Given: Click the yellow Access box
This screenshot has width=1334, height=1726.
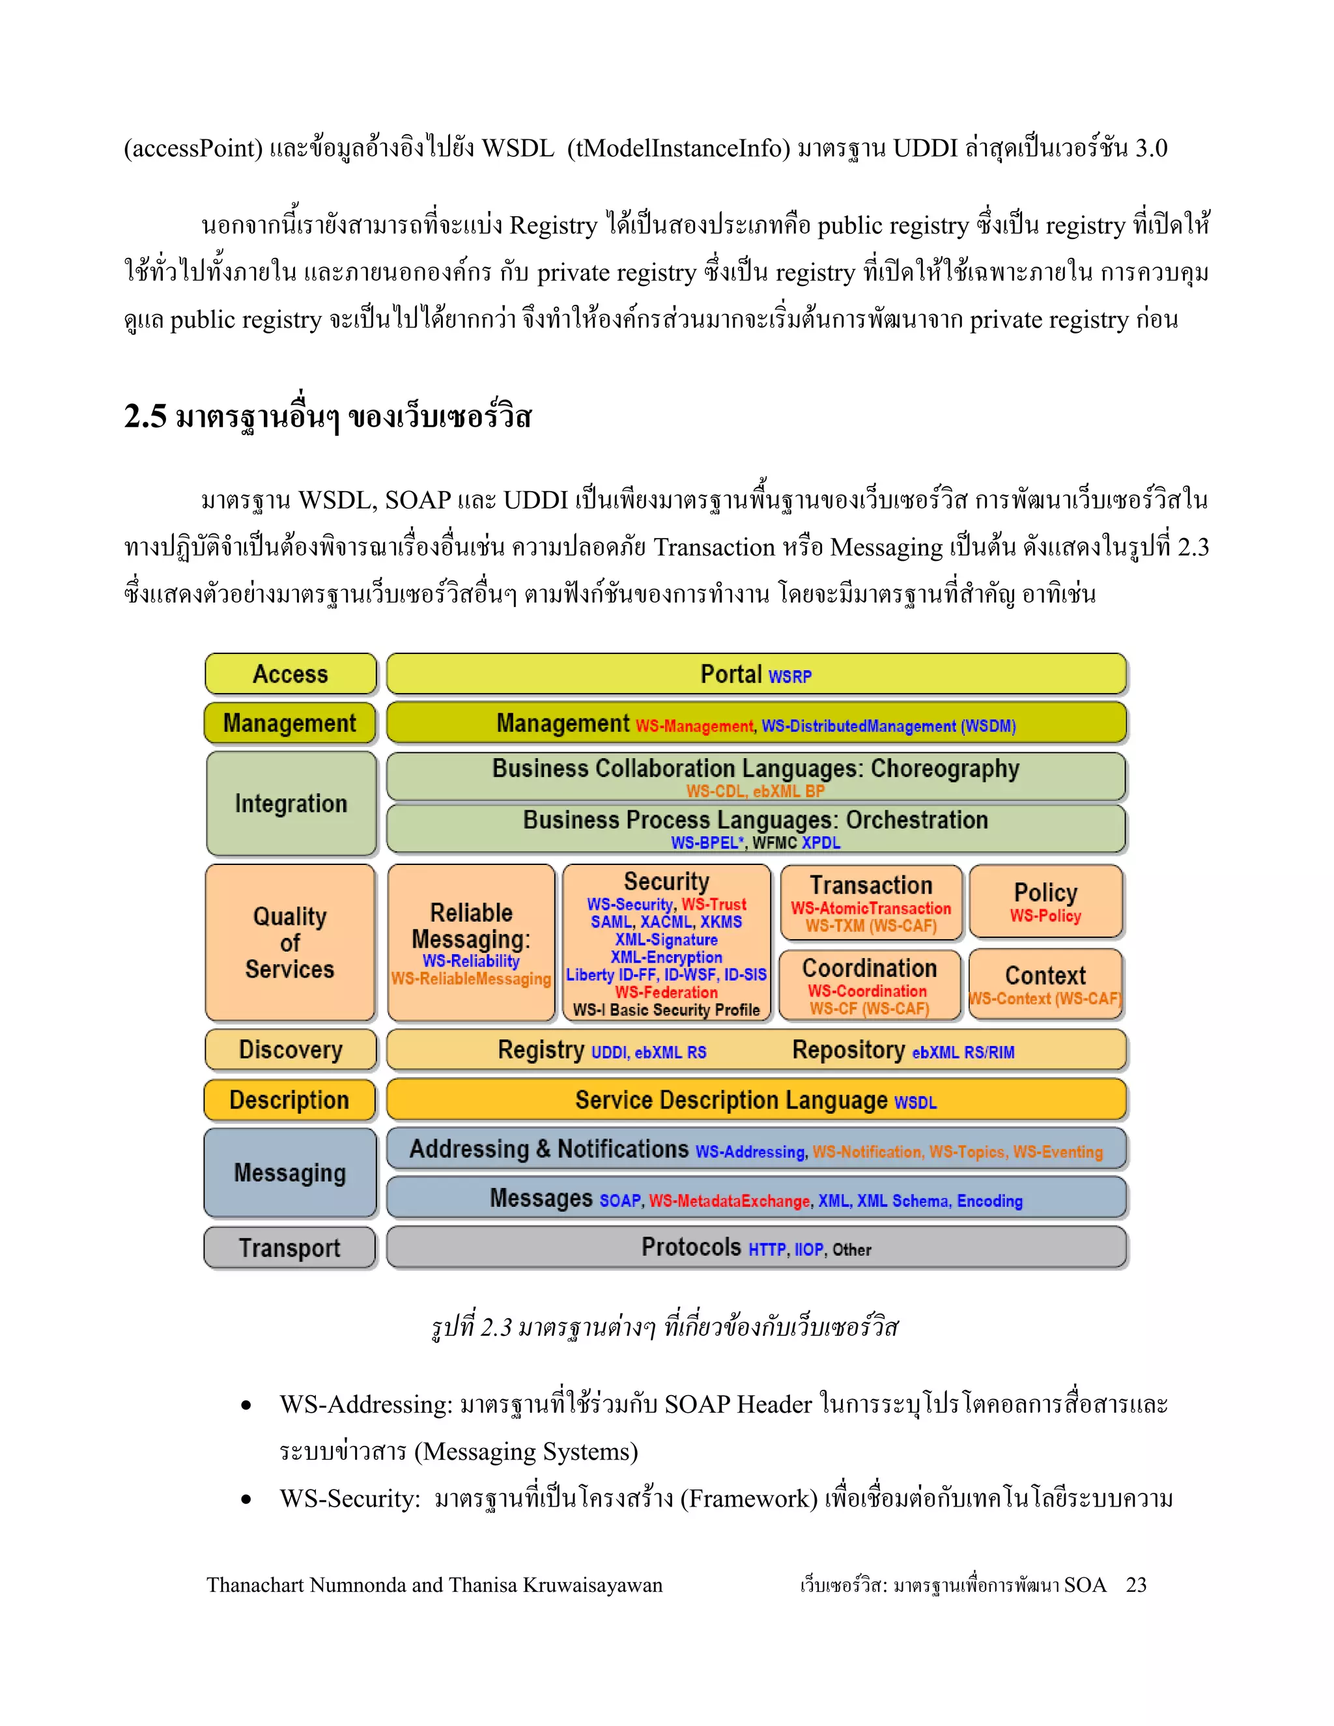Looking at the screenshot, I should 290,674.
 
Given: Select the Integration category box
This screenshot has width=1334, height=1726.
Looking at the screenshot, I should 291,803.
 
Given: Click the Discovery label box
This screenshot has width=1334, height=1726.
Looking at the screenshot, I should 290,1049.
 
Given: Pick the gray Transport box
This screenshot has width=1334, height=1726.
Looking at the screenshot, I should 289,1247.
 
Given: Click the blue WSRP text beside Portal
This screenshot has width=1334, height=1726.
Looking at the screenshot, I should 789,677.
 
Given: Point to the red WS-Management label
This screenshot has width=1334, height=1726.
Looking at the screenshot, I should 694,726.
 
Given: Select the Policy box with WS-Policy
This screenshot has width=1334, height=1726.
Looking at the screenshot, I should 1045,901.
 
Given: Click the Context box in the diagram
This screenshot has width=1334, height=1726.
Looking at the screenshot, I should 1045,984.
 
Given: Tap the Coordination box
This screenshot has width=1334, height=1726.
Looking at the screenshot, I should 870,985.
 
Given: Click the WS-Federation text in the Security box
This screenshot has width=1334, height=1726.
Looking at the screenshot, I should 666,992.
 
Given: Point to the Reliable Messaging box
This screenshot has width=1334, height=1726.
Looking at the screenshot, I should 471,942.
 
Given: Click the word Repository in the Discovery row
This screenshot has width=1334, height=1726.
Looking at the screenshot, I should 848,1049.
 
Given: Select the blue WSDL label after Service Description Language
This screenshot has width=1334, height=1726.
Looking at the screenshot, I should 915,1103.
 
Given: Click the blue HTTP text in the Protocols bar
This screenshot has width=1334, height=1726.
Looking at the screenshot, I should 767,1249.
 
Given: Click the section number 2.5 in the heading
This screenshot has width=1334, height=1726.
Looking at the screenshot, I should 145,416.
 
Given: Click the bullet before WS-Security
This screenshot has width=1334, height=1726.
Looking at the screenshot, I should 247,1499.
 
